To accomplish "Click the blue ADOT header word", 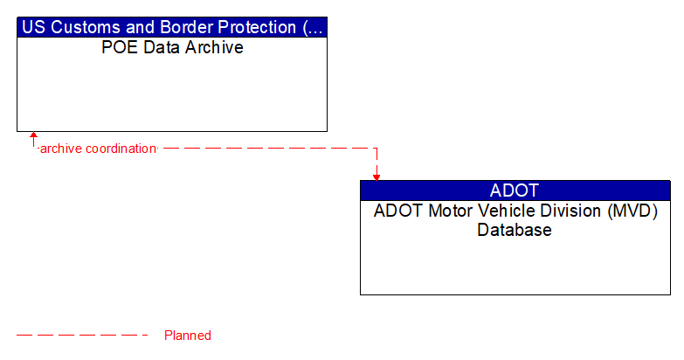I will click(515, 190).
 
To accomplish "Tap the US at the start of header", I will click(32, 27).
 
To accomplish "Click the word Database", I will click(515, 231).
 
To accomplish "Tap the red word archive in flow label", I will click(59, 149).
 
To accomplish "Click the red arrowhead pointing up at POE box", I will click(33, 136).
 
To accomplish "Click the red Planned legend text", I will click(188, 336).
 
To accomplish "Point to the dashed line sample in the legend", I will click(83, 336).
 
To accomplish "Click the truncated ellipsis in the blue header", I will click(315, 27).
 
